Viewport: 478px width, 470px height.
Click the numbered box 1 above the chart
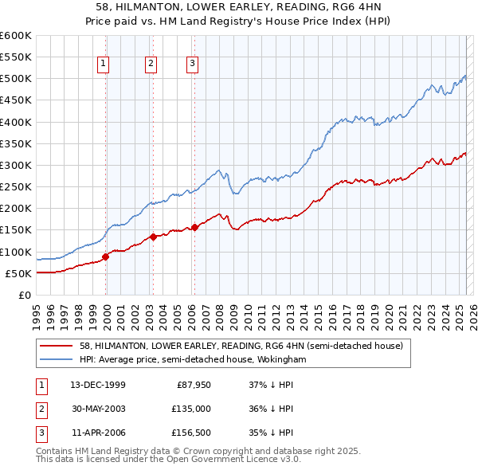[104, 65]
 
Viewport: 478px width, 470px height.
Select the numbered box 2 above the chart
[151, 65]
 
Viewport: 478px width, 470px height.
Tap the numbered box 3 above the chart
[193, 65]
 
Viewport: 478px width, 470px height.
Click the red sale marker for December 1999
[106, 257]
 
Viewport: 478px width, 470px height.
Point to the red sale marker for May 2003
[154, 237]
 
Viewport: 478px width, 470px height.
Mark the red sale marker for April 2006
[194, 227]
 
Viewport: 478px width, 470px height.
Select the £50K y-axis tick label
[19, 273]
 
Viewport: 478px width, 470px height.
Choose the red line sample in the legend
[56, 346]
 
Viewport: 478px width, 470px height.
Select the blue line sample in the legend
[56, 359]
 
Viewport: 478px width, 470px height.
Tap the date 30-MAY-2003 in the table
[99, 409]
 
